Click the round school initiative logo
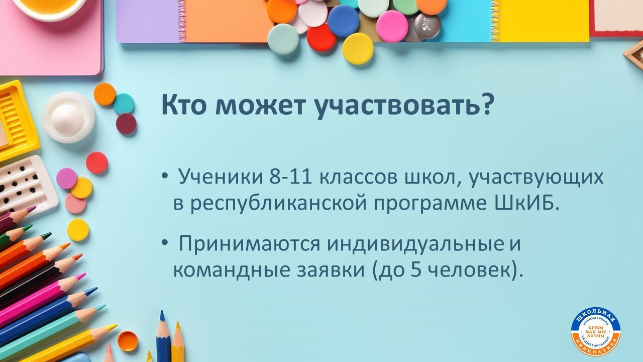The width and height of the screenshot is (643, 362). click(x=595, y=332)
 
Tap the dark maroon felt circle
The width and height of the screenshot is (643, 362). click(x=126, y=124)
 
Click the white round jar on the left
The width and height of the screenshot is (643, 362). click(x=68, y=117)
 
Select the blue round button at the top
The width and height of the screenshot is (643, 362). click(x=343, y=21)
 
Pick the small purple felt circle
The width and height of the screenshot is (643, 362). click(x=66, y=178)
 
